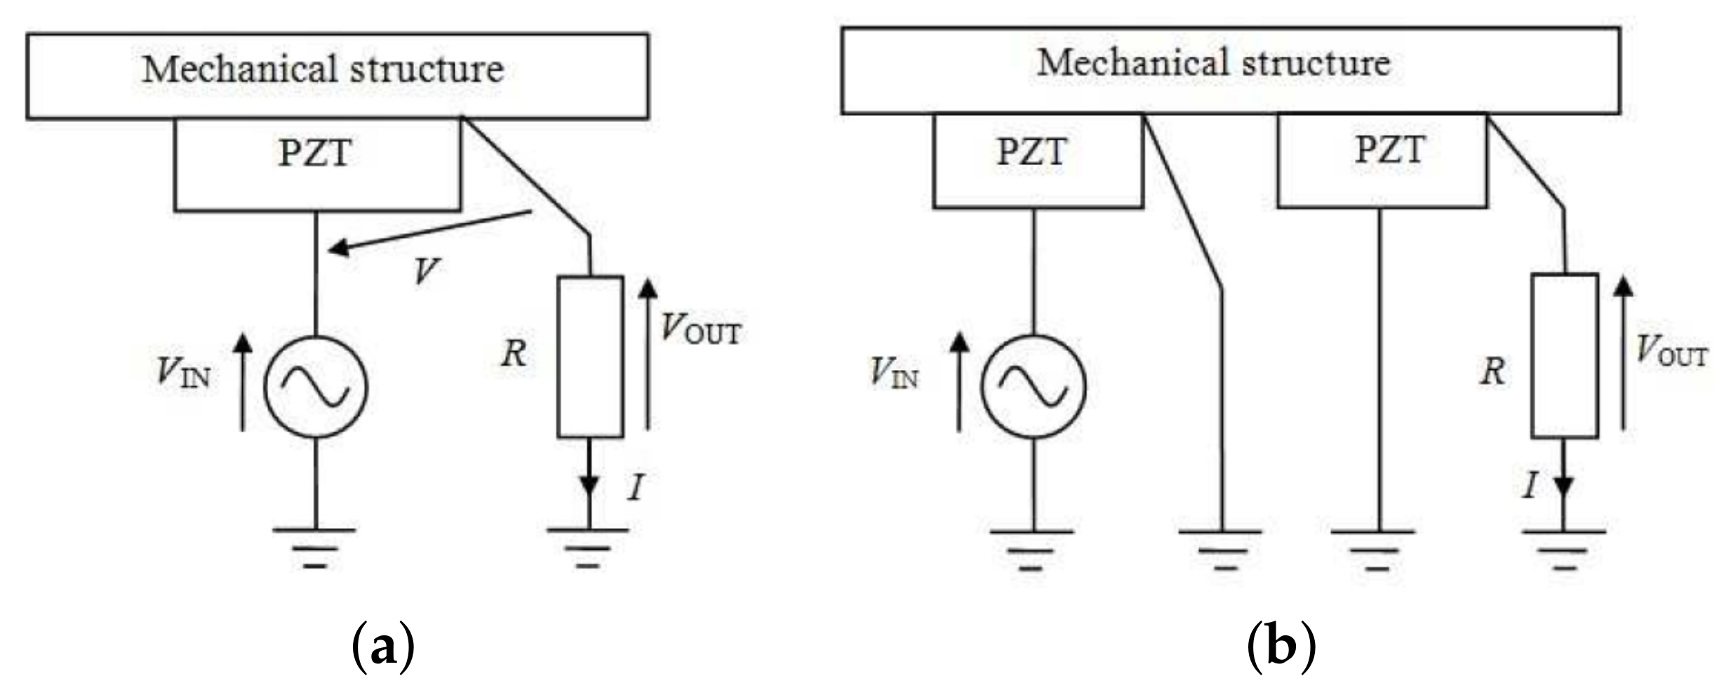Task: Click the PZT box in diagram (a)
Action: (x=317, y=164)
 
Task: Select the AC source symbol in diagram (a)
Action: (x=316, y=387)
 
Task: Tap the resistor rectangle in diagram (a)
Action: (x=590, y=357)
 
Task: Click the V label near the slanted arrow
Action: (x=425, y=270)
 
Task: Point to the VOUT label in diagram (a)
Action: (x=700, y=329)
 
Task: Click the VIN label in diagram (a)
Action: (x=183, y=372)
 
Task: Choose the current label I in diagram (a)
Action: (x=636, y=486)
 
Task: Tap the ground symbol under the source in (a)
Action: (x=316, y=547)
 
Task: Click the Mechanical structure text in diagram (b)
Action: (x=1213, y=63)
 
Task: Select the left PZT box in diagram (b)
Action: (x=1038, y=161)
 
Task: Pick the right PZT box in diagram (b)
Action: (x=1381, y=161)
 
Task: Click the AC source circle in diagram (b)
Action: (x=1033, y=387)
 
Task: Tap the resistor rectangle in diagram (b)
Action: (x=1565, y=356)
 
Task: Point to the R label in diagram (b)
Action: (x=1492, y=371)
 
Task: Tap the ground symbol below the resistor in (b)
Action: (x=1564, y=549)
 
